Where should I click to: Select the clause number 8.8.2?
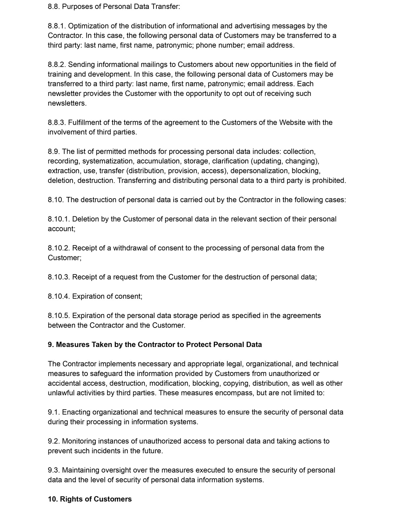57,65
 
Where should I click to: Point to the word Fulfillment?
85,123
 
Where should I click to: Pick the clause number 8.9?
54,152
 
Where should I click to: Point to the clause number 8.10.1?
59,219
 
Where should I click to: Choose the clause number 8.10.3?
59,277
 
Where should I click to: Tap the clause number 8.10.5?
59,316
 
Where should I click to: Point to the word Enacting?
76,412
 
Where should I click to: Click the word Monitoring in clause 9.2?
78,441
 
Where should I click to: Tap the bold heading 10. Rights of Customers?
90,499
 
